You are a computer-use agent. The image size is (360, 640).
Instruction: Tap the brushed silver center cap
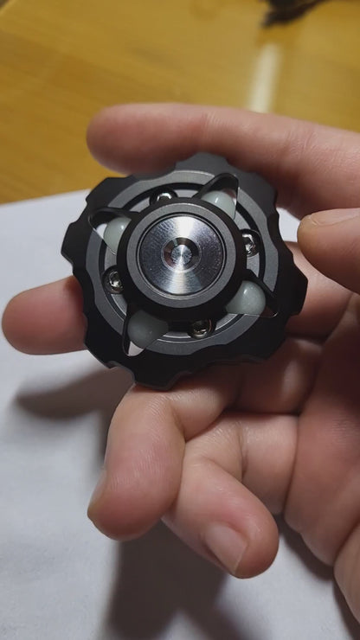click(197, 243)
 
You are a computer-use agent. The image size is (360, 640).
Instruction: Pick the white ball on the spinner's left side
click(116, 231)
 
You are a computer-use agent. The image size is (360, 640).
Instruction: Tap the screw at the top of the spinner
click(162, 198)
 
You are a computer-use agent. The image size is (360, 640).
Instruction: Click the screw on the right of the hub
click(249, 243)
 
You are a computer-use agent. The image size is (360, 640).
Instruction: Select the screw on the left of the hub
click(113, 279)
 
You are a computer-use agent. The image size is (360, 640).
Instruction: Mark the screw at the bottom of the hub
click(200, 327)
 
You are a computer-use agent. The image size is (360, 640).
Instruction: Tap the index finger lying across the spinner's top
click(199, 138)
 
